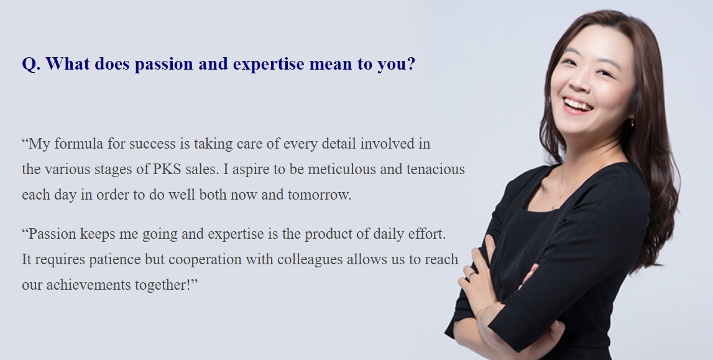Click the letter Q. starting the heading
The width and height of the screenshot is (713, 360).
coord(31,64)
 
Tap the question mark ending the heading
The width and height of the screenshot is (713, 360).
coord(412,63)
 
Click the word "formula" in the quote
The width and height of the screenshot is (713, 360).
coord(79,144)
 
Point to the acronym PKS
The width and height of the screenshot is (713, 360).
coord(167,169)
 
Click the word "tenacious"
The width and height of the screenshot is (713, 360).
coord(436,169)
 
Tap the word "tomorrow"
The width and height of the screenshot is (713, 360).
coord(319,195)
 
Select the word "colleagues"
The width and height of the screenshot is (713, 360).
coord(310,259)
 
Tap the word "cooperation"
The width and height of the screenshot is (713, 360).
coord(205,259)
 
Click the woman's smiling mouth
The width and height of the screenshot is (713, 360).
coord(577,106)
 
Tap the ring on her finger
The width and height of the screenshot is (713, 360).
coord(472,274)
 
